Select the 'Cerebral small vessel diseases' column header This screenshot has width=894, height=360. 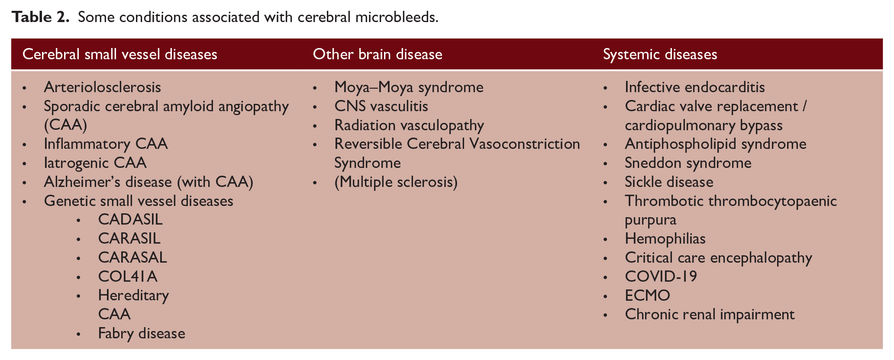tap(119, 54)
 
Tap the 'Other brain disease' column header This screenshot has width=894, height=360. tap(378, 54)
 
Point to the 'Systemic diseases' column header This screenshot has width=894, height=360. tap(660, 54)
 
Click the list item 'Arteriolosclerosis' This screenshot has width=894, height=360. tap(103, 87)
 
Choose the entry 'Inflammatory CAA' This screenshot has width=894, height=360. tap(106, 144)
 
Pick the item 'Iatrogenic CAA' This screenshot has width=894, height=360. tap(95, 163)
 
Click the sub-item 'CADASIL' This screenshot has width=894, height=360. tap(130, 219)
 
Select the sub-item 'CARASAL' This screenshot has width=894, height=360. tap(132, 257)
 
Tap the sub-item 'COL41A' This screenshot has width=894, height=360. tap(128, 276)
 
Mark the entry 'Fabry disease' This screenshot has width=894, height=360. tap(142, 333)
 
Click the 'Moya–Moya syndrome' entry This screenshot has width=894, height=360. tap(409, 87)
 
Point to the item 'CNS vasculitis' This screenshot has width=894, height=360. tap(381, 106)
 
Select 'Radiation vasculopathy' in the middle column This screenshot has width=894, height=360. tap(409, 125)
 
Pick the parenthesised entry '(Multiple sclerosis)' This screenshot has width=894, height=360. tap(396, 182)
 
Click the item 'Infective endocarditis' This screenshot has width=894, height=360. tap(695, 87)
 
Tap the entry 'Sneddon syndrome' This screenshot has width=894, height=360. tap(688, 163)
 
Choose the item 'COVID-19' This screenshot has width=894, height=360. tap(661, 276)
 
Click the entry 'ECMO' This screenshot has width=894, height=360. tap(648, 295)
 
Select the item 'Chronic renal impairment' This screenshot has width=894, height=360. tap(710, 314)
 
